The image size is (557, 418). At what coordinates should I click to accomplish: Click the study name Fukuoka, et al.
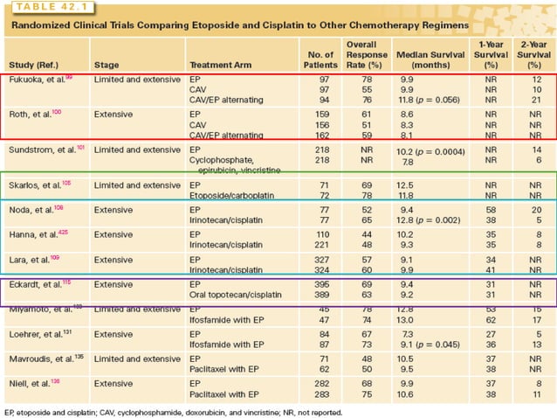pos(40,80)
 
